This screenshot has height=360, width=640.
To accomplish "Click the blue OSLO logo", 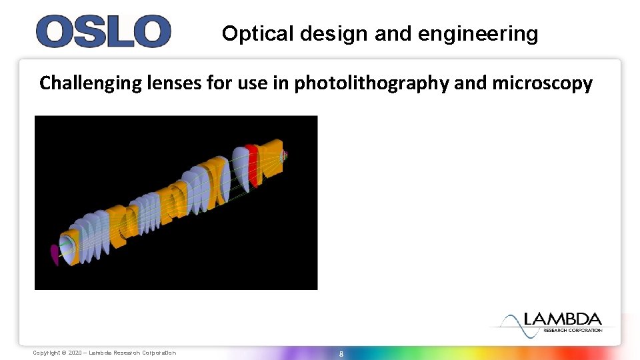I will [x=103, y=32].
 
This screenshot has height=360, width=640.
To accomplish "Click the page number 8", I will [x=341, y=353].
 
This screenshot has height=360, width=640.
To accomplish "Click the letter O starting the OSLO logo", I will [x=53, y=32].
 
